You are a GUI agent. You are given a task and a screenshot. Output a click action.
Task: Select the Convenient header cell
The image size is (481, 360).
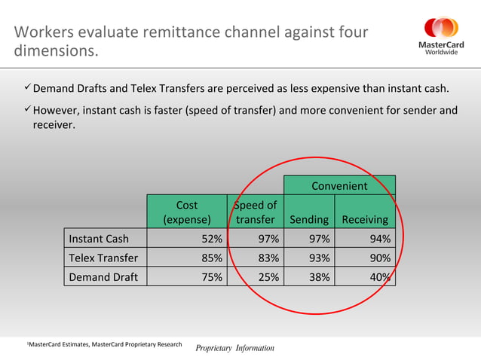pyautogui.click(x=339, y=185)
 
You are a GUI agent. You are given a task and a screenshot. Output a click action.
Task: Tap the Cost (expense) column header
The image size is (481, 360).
pyautogui.click(x=186, y=212)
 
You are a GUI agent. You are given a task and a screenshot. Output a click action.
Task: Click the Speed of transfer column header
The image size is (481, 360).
pyautogui.click(x=255, y=212)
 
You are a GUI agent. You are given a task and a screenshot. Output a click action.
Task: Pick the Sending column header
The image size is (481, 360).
pyautogui.click(x=308, y=219)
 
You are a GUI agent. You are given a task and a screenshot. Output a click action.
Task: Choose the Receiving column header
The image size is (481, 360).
pyautogui.click(x=365, y=219)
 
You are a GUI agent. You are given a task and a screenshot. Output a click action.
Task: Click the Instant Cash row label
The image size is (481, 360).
pyautogui.click(x=99, y=239)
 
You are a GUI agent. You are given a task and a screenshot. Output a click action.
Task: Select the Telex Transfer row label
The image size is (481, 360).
pyautogui.click(x=103, y=258)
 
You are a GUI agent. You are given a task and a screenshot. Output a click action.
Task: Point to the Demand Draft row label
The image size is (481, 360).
pyautogui.click(x=103, y=276)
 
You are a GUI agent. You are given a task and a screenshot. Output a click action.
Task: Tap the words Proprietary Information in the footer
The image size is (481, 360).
pyautogui.click(x=235, y=348)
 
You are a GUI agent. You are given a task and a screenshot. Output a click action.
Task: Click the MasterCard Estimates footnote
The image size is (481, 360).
pyautogui.click(x=106, y=344)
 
